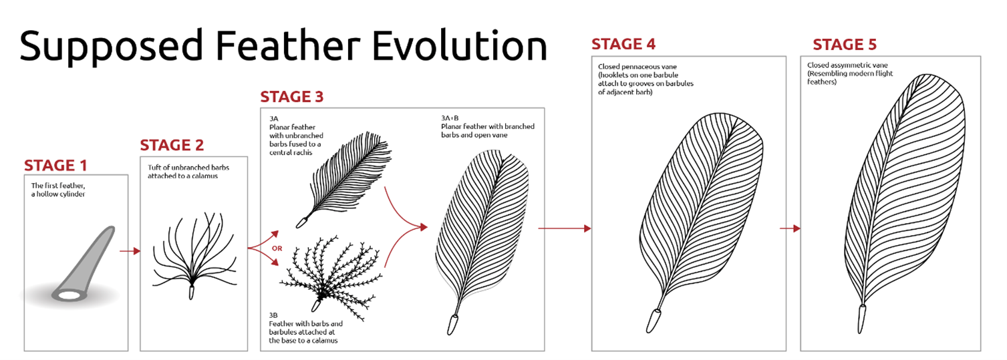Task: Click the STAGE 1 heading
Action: point(55,166)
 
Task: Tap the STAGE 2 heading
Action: point(172,145)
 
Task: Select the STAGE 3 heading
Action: point(292,97)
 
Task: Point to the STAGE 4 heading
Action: point(623,44)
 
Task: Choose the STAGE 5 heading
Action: point(845,45)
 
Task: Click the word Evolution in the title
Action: point(460,46)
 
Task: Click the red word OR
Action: point(277,248)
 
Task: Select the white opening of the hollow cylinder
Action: point(69,295)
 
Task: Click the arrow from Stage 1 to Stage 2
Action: point(130,250)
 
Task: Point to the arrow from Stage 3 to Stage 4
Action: point(565,228)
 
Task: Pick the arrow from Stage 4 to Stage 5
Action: point(790,228)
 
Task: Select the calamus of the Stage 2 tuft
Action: point(192,292)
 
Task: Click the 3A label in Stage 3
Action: point(274,119)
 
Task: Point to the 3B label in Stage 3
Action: point(273,315)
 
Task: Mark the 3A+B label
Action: point(450,118)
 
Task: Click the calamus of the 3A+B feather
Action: point(452,325)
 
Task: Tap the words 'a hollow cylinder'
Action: point(58,194)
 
